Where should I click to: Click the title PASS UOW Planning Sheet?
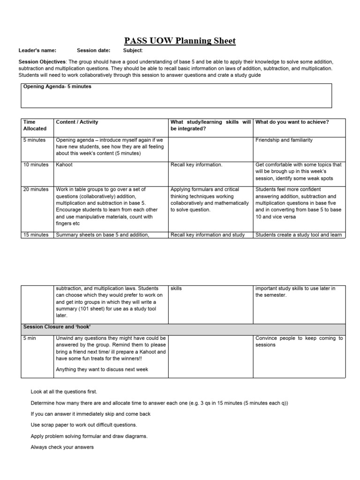coord(180,41)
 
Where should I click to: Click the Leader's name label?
coord(37,51)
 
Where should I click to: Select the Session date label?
coord(94,51)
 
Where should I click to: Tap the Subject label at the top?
coord(133,51)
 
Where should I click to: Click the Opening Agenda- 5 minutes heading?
coord(57,87)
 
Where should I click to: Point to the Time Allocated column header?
coord(35,125)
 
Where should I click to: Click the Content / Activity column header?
coord(77,122)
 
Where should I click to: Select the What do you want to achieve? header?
coord(292,122)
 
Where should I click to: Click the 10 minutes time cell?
coord(36,165)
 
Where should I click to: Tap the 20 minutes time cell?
coord(36,189)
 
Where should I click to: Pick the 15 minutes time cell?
coord(36,235)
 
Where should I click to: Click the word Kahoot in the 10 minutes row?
coord(64,165)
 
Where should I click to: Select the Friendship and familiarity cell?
coord(284,140)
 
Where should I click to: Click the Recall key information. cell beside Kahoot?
coord(196,165)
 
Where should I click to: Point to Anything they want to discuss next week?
coord(102,369)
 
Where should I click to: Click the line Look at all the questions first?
coord(64,391)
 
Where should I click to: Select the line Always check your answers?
coord(62,447)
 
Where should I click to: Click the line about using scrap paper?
coord(84,425)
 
